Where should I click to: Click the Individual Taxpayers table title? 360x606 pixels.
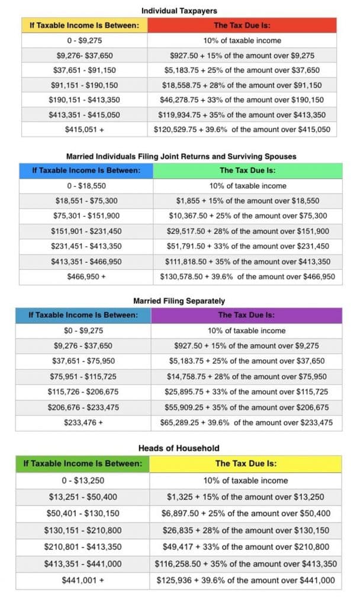178,10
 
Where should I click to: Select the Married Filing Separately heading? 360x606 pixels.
179,301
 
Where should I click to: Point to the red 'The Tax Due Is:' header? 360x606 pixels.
242,25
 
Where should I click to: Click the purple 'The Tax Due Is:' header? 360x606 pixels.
246,315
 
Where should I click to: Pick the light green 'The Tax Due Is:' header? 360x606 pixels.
247,170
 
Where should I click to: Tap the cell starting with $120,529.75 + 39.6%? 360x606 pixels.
242,130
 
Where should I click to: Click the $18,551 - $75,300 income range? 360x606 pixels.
86,201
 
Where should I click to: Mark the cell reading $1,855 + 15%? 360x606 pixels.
247,201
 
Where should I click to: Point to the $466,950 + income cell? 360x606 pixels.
86,276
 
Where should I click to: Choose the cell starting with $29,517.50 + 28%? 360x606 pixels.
247,231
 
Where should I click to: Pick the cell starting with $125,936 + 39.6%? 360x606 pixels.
245,581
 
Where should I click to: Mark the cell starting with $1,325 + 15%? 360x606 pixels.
245,498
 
